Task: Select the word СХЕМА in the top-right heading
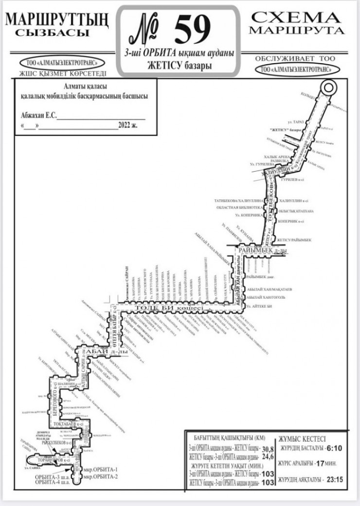pyautogui.click(x=296, y=18)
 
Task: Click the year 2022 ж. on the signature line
pyautogui.click(x=128, y=125)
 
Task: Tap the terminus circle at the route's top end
pyautogui.click(x=329, y=85)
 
